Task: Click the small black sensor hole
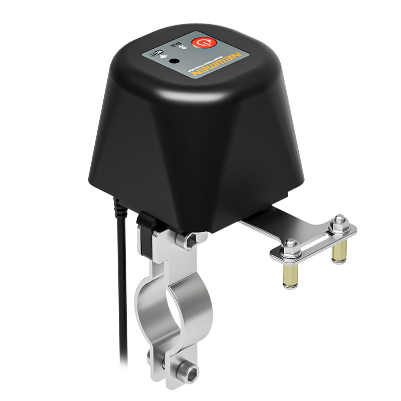[174, 61]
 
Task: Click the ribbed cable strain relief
[117, 206]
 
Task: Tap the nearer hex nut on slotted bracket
[290, 247]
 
